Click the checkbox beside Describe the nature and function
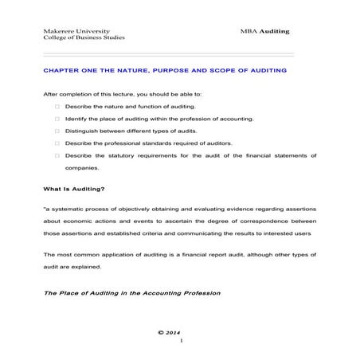(57, 106)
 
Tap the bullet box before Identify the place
(57, 118)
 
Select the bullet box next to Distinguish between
(57, 131)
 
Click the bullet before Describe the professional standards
(57, 143)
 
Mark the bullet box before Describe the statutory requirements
(57, 155)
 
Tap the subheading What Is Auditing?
(74, 189)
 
